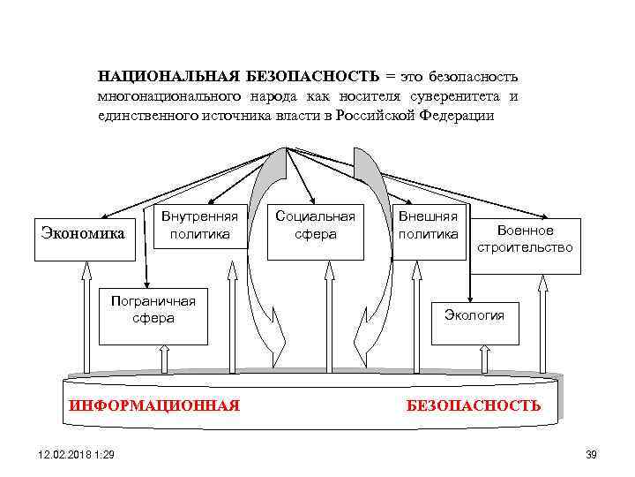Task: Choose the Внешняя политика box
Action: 428,227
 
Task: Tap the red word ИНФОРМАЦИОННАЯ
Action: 153,405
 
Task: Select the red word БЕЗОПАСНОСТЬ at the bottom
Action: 473,405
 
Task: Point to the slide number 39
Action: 591,454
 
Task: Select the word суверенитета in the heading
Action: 458,96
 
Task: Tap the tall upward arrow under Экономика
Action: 86,319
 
